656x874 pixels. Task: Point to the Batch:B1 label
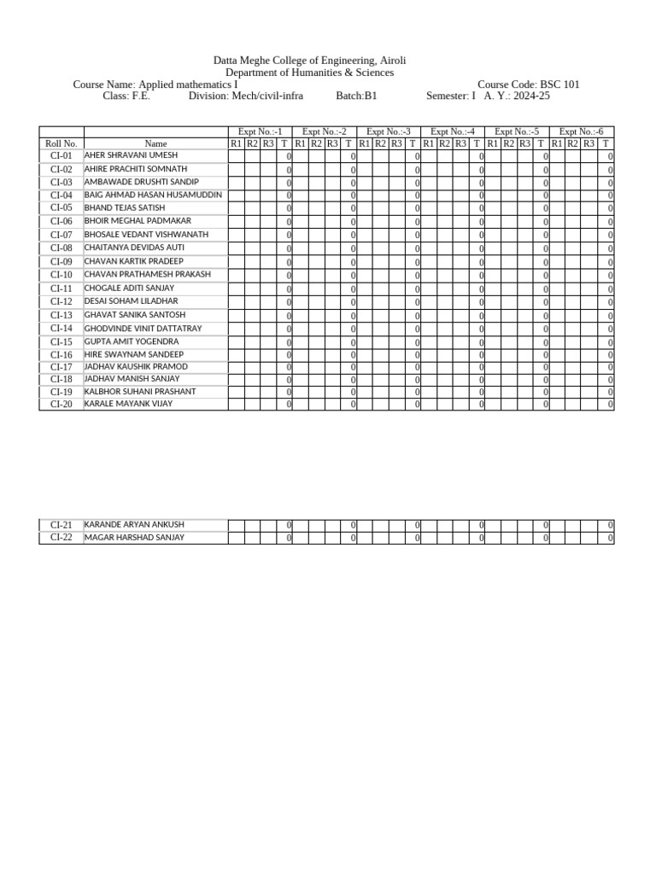point(356,96)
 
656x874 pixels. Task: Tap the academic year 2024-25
point(531,96)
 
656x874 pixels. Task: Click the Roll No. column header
point(61,144)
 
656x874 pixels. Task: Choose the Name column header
point(155,144)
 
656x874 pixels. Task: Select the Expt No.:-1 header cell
point(260,131)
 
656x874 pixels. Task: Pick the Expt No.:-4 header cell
point(453,131)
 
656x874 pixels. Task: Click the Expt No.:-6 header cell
point(581,131)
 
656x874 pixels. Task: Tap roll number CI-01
point(61,156)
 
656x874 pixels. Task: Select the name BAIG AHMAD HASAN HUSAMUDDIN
point(153,195)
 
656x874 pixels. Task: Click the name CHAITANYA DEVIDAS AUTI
point(134,248)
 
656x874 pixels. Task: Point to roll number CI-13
point(61,315)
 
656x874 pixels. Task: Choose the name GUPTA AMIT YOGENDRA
point(132,341)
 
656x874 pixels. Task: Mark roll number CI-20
point(61,405)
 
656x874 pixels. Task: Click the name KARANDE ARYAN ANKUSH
point(134,525)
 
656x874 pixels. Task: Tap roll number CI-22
point(61,538)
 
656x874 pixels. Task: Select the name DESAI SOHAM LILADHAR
point(131,301)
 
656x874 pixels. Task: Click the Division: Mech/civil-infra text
point(246,96)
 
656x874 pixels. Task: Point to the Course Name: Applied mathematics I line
point(156,84)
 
